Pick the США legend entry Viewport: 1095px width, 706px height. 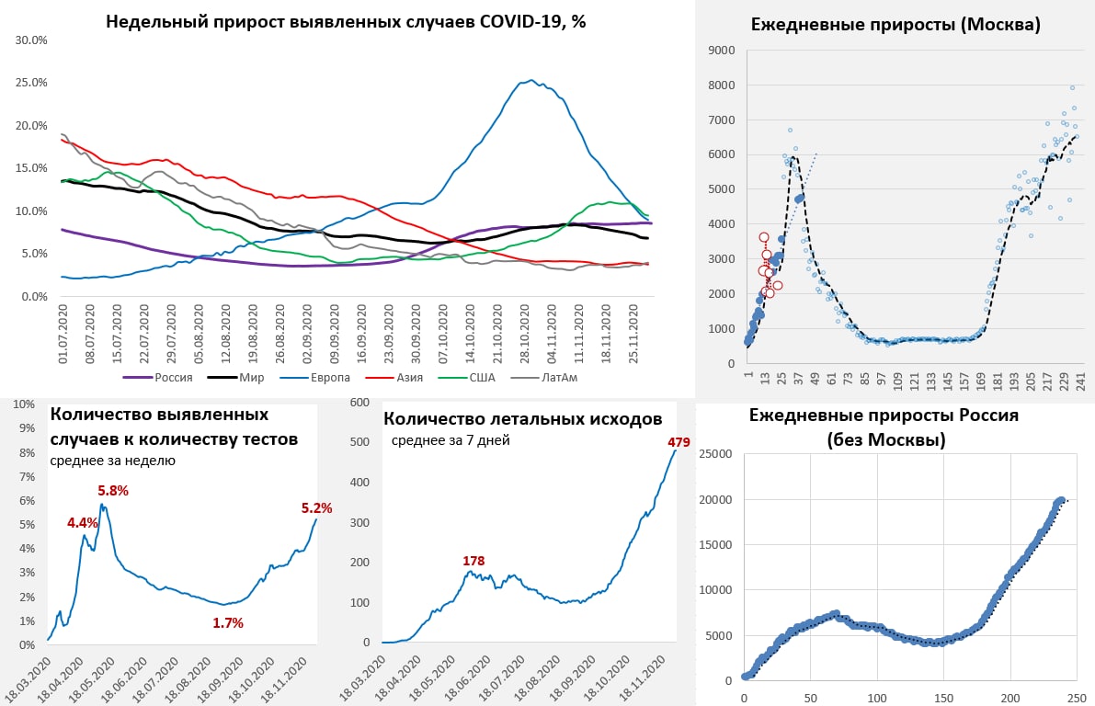click(482, 376)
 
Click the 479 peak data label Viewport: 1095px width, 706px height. click(679, 443)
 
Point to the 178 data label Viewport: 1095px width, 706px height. click(473, 560)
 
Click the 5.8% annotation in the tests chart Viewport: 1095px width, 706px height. click(113, 490)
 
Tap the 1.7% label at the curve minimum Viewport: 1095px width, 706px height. click(228, 622)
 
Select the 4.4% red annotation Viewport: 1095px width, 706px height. click(82, 522)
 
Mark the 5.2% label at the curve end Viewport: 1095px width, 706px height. click(316, 507)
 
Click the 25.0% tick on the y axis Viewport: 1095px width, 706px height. click(32, 83)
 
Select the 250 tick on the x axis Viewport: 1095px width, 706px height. click(1077, 696)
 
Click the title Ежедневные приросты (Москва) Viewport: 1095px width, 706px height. click(895, 25)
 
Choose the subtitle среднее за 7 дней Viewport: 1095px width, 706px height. click(451, 440)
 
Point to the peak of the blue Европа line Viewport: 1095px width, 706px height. click(531, 80)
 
